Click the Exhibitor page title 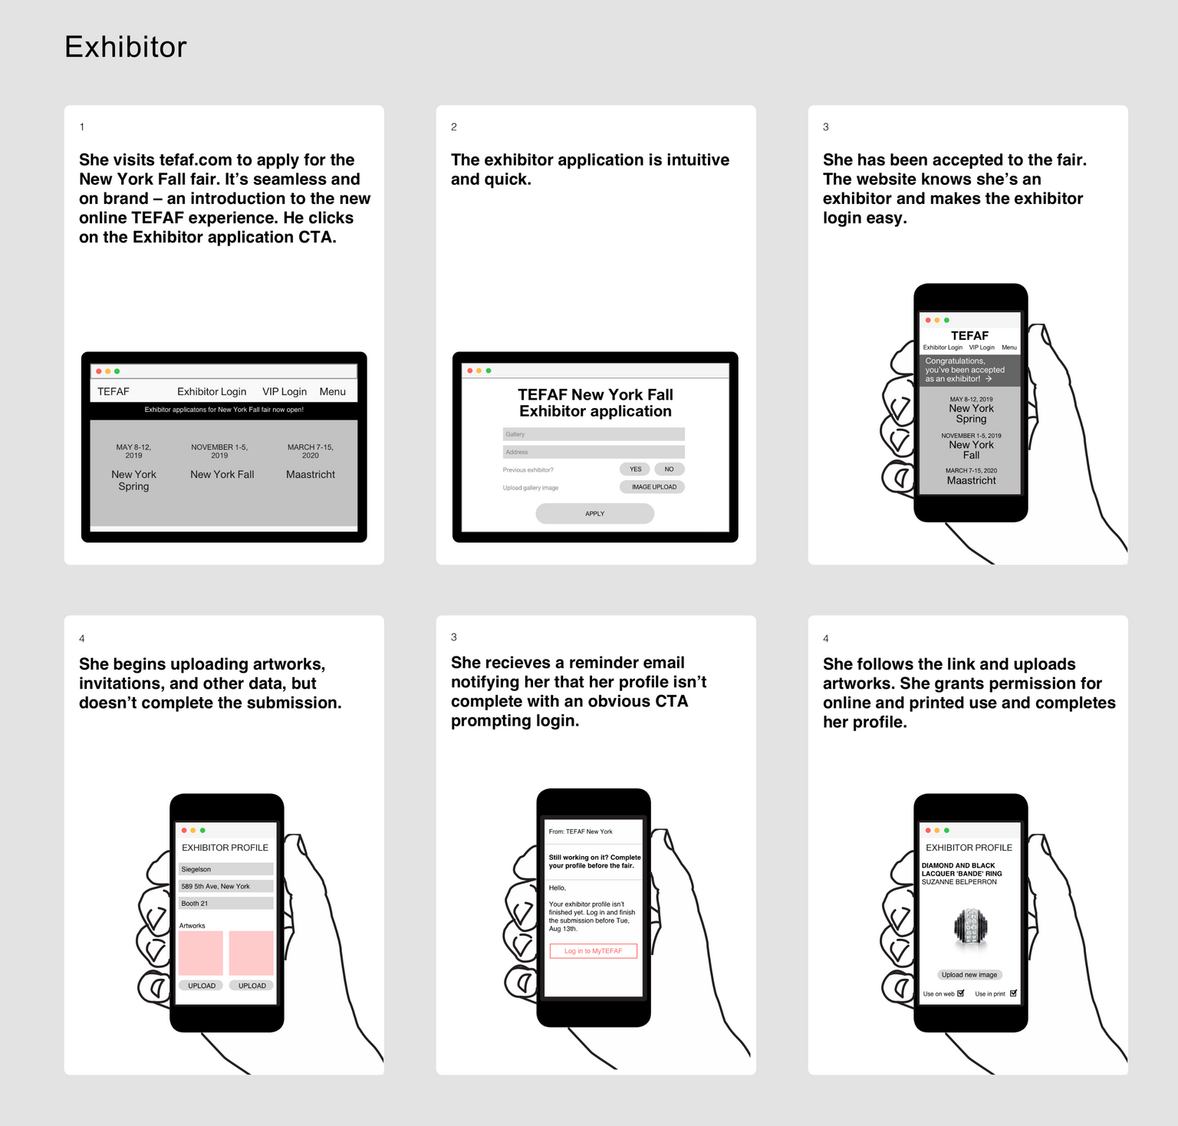126,48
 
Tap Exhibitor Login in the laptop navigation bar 212,391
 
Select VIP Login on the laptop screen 285,391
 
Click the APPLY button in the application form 594,513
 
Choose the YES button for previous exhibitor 635,469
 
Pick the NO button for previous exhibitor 669,469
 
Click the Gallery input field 594,434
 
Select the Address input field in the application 594,452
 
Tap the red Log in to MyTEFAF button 594,951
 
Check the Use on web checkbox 961,993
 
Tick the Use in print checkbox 1013,993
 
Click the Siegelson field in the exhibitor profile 225,869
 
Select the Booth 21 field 225,904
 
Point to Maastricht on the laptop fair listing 311,475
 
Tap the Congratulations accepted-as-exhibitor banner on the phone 970,370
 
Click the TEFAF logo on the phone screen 969,336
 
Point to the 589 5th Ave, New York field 225,886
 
